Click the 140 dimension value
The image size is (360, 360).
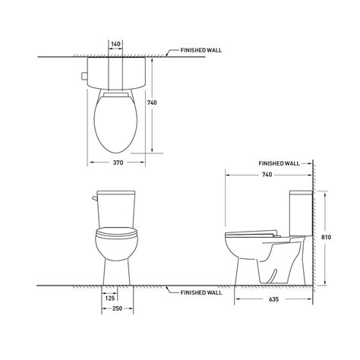[115, 44]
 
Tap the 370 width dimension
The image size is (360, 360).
[118, 163]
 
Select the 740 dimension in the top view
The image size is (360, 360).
[152, 103]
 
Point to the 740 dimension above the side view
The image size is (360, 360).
[267, 175]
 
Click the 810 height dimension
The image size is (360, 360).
[326, 237]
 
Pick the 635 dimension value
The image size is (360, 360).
[273, 299]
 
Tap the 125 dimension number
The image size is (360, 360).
[110, 298]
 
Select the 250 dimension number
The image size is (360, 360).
[118, 308]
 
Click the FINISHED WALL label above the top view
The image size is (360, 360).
[201, 50]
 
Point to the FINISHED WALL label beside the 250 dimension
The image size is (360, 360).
[201, 292]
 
